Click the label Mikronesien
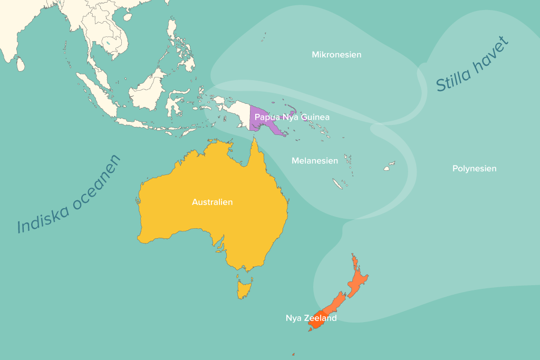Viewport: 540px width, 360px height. pos(336,55)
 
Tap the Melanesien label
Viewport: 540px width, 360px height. pos(315,161)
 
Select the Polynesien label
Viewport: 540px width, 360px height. pos(474,169)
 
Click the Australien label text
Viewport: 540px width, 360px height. pos(212,202)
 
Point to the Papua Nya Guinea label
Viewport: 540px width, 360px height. pos(292,117)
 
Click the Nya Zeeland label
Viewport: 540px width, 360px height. pos(311,318)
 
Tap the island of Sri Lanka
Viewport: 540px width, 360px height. pos(20,64)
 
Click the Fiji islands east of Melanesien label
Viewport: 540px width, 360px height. pos(389,167)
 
